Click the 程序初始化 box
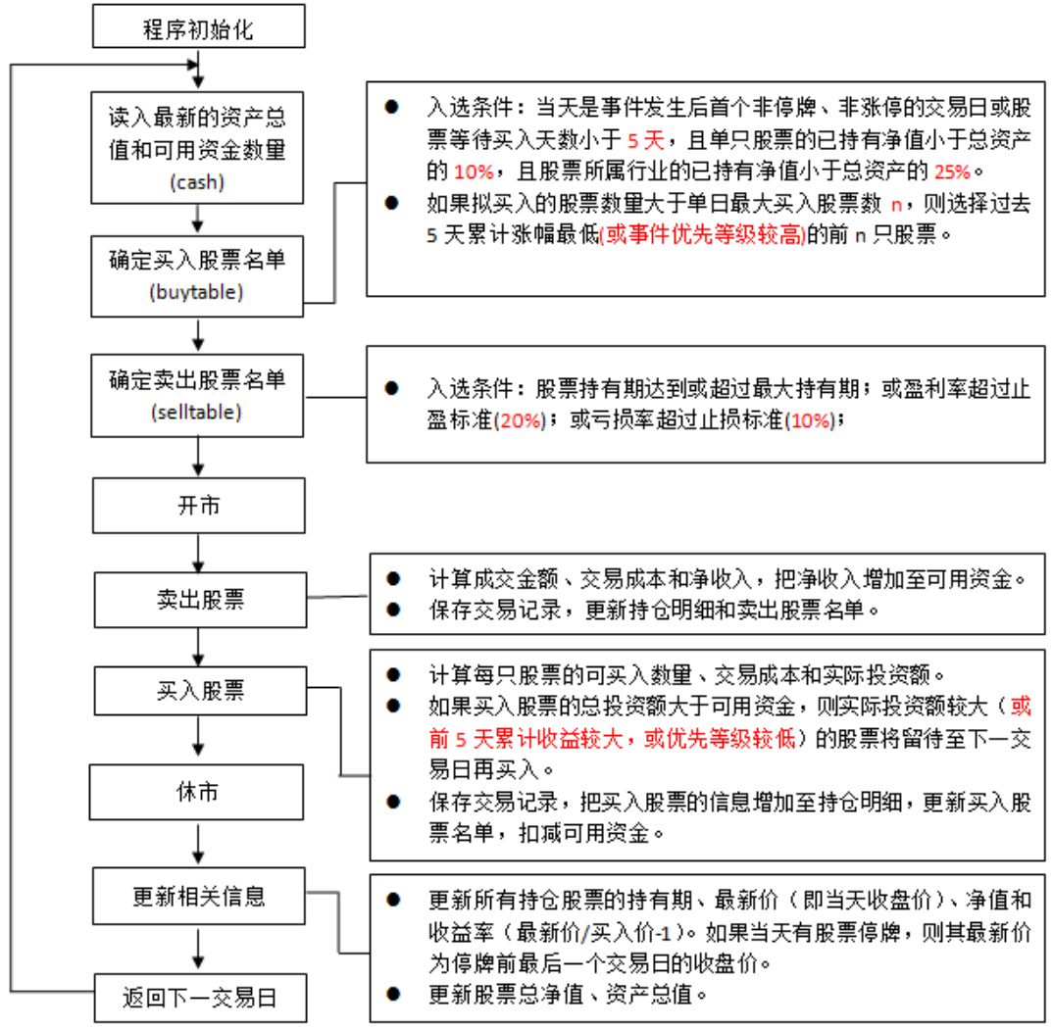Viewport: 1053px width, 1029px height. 199,27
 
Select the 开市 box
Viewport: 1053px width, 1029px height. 199,506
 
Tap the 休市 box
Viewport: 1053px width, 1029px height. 199,793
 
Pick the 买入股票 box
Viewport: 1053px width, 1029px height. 200,692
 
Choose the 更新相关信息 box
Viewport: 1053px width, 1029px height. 200,895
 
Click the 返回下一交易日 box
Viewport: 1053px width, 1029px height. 200,999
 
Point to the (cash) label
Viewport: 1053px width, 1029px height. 199,182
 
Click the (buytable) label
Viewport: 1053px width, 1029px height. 200,292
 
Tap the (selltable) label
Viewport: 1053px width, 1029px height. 199,413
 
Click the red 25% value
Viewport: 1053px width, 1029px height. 950,171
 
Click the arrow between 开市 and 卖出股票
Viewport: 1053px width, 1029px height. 200,554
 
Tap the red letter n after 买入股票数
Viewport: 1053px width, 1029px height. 894,204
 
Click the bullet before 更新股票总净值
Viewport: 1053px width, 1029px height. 392,994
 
